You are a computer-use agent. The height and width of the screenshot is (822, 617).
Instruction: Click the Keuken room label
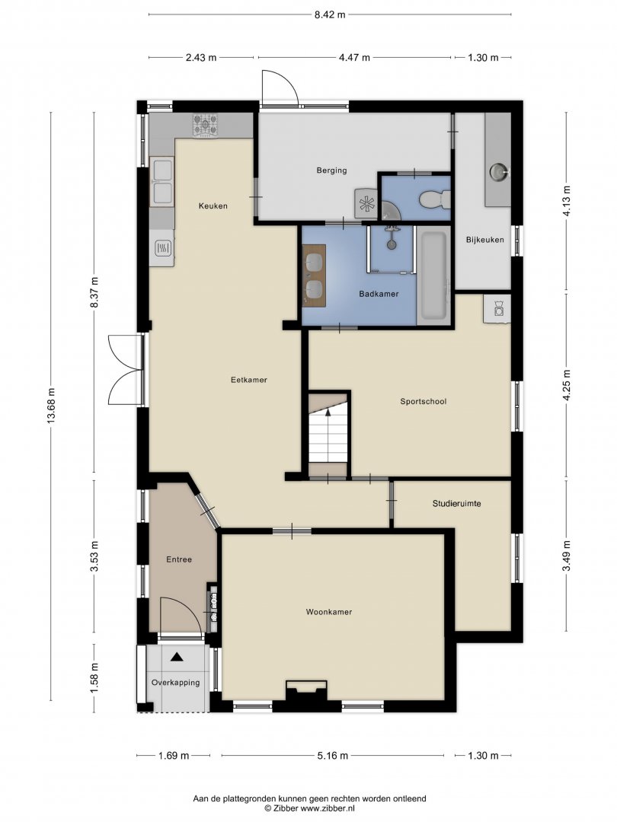click(213, 206)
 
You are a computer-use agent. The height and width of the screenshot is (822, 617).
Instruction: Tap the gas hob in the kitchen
click(205, 126)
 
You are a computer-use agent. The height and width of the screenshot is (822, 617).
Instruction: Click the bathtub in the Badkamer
click(433, 276)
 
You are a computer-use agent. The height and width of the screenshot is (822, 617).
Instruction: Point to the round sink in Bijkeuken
click(499, 171)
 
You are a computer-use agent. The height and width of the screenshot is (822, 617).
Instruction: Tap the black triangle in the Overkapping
click(177, 656)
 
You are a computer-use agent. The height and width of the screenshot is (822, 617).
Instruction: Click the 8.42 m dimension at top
click(330, 14)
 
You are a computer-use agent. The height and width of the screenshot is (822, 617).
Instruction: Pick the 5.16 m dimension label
click(332, 756)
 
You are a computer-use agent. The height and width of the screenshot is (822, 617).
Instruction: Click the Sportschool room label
click(423, 402)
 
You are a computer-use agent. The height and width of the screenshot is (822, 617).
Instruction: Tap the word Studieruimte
click(456, 503)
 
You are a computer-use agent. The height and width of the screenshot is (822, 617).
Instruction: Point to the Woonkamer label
click(329, 612)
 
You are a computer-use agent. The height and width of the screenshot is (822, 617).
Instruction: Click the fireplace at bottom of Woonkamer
click(306, 690)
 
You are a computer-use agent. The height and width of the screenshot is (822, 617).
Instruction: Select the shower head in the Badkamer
click(391, 237)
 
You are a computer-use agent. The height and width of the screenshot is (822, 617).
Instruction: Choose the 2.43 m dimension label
click(201, 58)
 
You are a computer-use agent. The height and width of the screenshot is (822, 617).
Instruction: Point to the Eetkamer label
click(248, 380)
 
